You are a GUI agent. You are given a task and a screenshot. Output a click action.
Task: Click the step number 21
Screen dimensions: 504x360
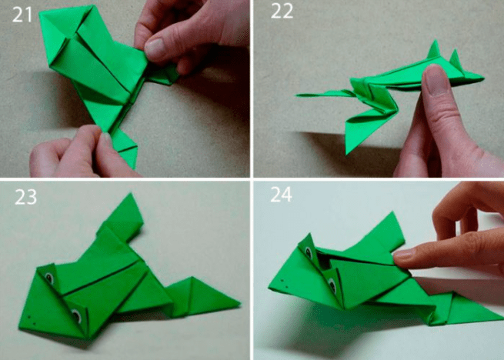pyautogui.click(x=22, y=15)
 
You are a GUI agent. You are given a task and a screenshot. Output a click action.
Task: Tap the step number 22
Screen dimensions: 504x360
pyautogui.click(x=282, y=12)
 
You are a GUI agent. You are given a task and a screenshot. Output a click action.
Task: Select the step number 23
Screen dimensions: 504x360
pyautogui.click(x=25, y=197)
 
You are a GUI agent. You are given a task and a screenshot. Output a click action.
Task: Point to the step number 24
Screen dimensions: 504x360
pyautogui.click(x=282, y=195)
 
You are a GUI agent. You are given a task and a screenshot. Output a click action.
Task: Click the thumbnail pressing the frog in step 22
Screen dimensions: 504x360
pyautogui.click(x=435, y=80)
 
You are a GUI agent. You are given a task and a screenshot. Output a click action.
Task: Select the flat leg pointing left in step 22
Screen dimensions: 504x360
pyautogui.click(x=325, y=94)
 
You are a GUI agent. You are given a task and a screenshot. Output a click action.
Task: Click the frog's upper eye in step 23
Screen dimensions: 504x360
pyautogui.click(x=49, y=277)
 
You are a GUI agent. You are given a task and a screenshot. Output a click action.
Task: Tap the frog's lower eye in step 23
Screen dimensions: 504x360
pyautogui.click(x=76, y=315)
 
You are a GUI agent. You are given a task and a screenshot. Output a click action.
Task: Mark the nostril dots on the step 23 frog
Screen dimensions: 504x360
pyautogui.click(x=31, y=319)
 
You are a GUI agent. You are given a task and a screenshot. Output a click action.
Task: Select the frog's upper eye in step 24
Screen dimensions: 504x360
pyautogui.click(x=309, y=252)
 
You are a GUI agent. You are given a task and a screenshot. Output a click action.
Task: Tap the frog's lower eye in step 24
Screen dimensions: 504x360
pyautogui.click(x=332, y=285)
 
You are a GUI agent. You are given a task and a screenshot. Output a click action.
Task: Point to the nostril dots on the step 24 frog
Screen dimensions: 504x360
pyautogui.click(x=283, y=282)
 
